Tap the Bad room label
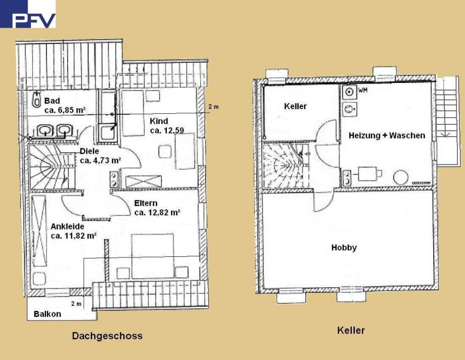point(52,101)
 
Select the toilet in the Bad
point(35,100)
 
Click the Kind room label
point(159,121)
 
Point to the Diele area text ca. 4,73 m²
point(101,161)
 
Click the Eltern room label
point(146,203)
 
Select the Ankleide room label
point(67,226)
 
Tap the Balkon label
point(48,314)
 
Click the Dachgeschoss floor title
point(107,336)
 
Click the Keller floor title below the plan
point(351,331)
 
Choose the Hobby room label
point(344,248)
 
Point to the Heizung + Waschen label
point(387,136)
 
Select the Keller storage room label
point(295,106)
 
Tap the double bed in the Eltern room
point(153,255)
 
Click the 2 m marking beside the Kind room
point(214,107)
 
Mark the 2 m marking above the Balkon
point(76,303)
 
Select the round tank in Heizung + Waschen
point(400,177)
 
